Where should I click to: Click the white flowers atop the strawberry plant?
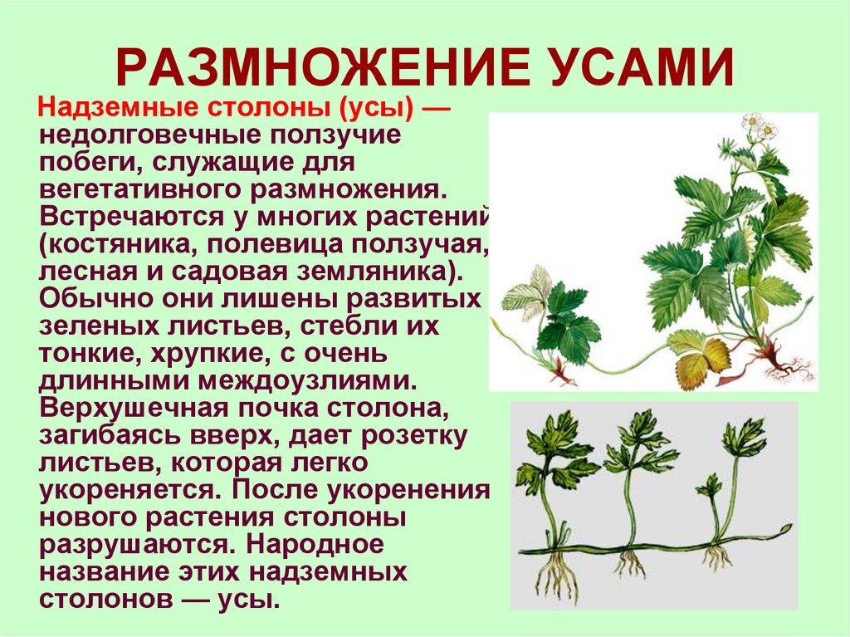tap(760, 126)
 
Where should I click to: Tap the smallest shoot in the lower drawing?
tap(711, 498)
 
